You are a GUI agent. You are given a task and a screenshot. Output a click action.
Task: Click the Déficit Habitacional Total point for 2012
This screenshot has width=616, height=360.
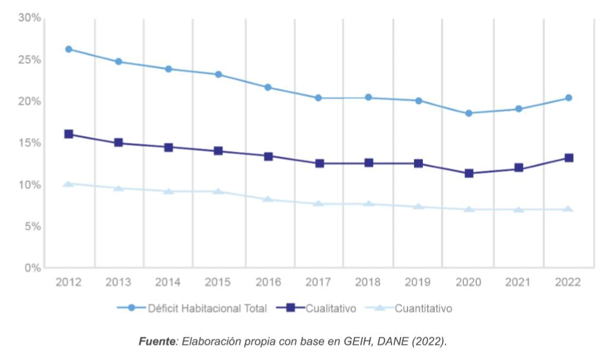pyautogui.click(x=69, y=49)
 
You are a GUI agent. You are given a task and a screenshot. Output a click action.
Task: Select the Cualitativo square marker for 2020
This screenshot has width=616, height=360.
pyautogui.click(x=469, y=173)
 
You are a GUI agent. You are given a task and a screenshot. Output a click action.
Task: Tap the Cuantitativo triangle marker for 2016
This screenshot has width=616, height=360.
pyautogui.click(x=268, y=200)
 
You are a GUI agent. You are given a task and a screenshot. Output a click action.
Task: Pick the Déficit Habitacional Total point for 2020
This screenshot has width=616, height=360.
pyautogui.click(x=469, y=113)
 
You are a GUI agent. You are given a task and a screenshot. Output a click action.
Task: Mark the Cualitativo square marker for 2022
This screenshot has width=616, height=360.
pyautogui.click(x=568, y=158)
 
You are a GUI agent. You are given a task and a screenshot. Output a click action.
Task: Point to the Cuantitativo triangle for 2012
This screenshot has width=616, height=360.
pyautogui.click(x=69, y=184)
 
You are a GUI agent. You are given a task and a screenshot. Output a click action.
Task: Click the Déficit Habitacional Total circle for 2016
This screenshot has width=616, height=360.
pyautogui.click(x=268, y=87)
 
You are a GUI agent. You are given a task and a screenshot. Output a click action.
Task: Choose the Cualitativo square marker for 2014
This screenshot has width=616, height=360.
pyautogui.click(x=169, y=147)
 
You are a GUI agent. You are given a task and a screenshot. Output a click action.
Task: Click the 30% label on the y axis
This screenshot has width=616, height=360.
pyautogui.click(x=29, y=18)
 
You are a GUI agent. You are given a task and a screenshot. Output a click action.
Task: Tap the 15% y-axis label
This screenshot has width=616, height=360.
pyautogui.click(x=29, y=143)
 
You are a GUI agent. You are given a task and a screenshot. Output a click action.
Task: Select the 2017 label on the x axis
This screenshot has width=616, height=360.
pyautogui.click(x=318, y=283)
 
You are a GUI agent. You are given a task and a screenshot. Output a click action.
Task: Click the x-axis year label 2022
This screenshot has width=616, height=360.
pyautogui.click(x=567, y=283)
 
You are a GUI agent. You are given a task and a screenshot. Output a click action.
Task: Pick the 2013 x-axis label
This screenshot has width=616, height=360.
pyautogui.click(x=118, y=283)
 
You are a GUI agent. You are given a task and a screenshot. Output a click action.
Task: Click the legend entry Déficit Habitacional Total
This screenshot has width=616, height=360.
pyautogui.click(x=207, y=308)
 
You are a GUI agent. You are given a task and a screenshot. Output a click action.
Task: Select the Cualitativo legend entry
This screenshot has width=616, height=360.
pyautogui.click(x=331, y=308)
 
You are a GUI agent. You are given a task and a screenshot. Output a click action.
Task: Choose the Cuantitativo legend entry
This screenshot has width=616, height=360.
pyautogui.click(x=423, y=308)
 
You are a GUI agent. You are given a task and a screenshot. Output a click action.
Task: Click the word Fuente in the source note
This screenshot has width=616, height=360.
pyautogui.click(x=157, y=342)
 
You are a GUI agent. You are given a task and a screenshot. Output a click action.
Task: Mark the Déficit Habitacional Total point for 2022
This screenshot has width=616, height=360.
pyautogui.click(x=568, y=98)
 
